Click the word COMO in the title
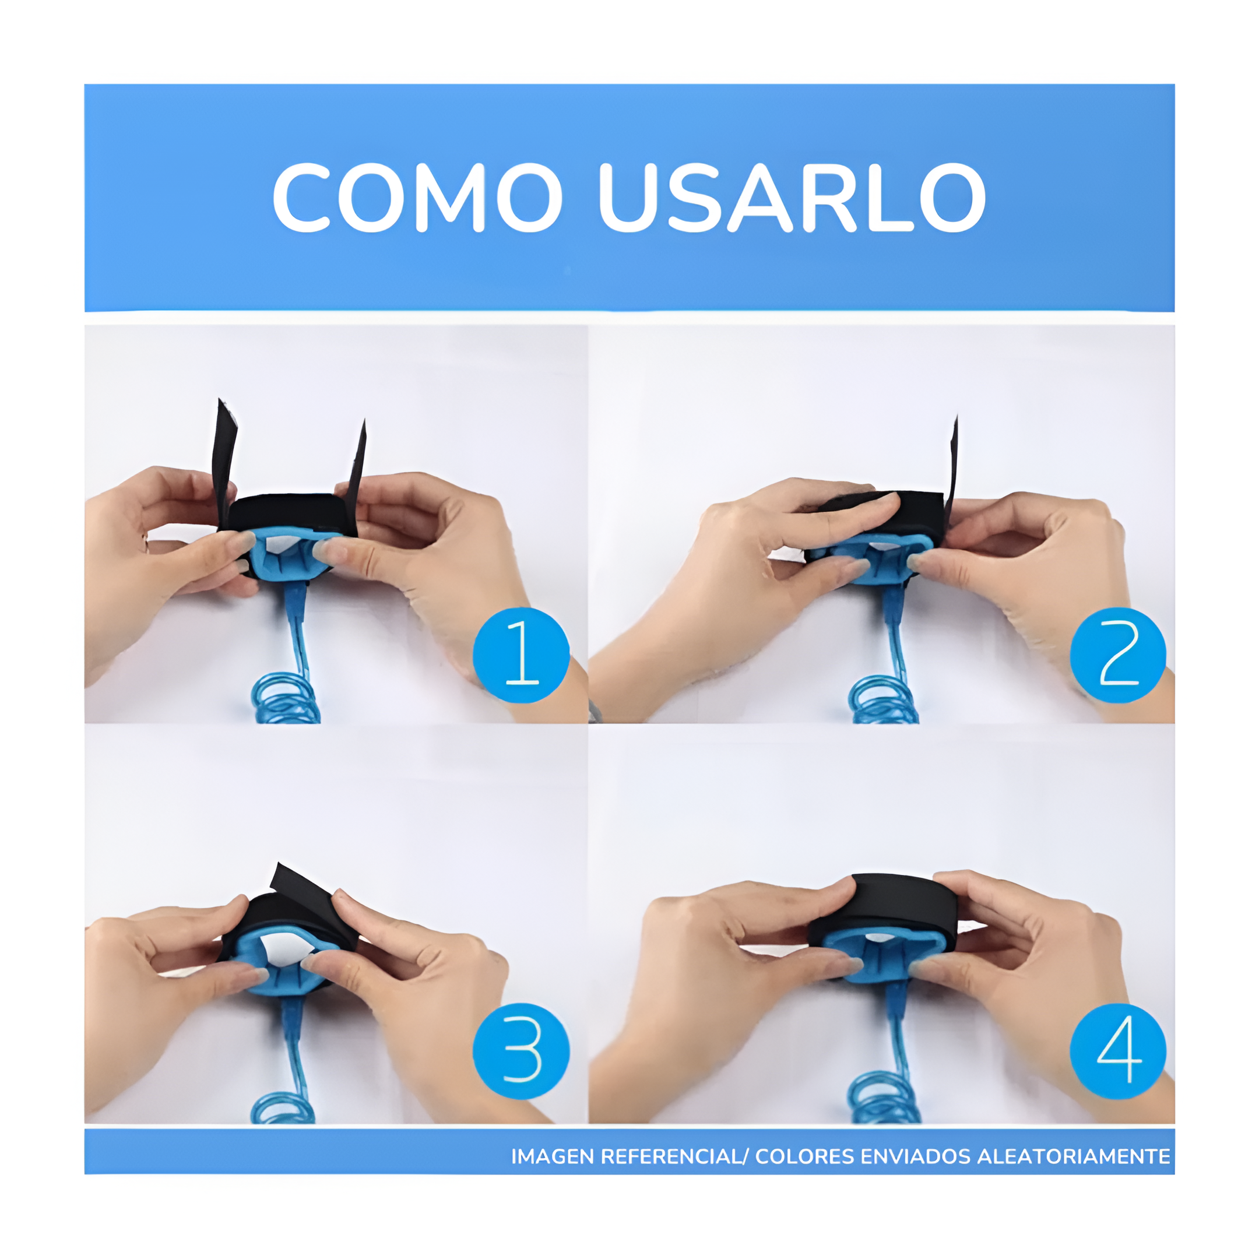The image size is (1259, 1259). (x=417, y=198)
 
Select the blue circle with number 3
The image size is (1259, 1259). (x=521, y=1051)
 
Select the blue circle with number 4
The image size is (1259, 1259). (x=1117, y=1051)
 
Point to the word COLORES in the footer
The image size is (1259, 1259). (x=804, y=1156)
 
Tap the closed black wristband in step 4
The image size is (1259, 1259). (x=893, y=896)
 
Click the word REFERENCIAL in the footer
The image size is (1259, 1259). (x=671, y=1156)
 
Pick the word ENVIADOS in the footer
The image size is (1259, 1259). (x=916, y=1156)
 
